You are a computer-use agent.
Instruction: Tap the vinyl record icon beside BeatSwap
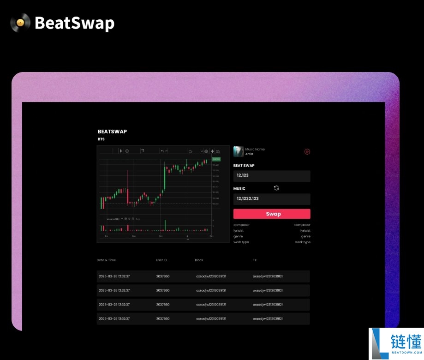(20, 23)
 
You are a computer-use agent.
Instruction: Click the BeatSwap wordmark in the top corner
(74, 23)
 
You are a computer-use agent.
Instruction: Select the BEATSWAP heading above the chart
(112, 132)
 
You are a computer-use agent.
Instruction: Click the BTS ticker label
(101, 139)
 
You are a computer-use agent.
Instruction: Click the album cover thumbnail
(239, 151)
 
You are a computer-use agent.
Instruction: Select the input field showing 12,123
(272, 176)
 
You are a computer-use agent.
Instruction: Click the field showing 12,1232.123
(272, 199)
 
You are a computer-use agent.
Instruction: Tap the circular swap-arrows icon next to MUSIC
(276, 188)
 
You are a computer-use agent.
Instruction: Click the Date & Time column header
(107, 260)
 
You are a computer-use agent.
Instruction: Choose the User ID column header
(161, 260)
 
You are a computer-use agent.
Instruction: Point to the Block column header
(199, 260)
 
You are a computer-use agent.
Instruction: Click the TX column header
(255, 260)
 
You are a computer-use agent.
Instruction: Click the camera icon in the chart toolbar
(218, 151)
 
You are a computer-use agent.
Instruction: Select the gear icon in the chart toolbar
(206, 151)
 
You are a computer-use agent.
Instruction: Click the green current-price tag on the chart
(216, 159)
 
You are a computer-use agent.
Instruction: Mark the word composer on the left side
(241, 225)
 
